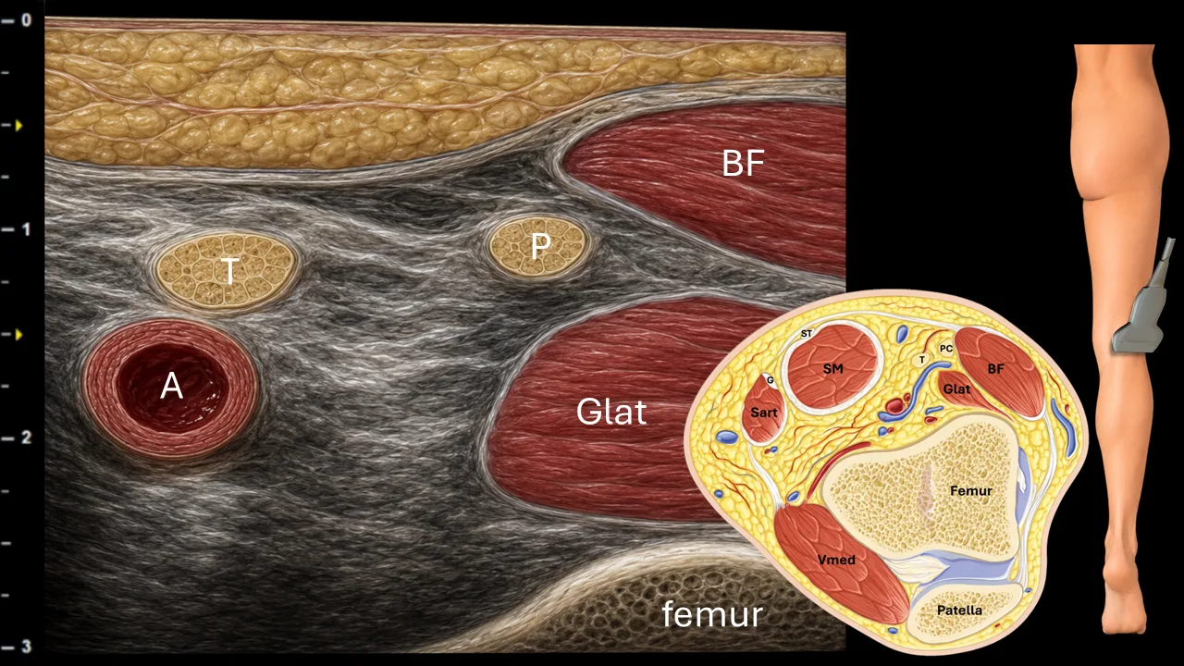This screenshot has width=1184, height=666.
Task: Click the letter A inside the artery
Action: point(172,386)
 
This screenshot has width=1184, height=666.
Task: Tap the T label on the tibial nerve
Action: point(230,271)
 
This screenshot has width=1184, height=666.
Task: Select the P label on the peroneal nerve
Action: point(540,246)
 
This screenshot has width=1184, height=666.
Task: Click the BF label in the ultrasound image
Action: point(743,164)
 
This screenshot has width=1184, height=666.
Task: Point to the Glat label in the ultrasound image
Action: point(611,412)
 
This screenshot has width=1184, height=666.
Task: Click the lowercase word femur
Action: point(712,614)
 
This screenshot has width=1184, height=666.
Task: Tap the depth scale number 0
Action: point(27,20)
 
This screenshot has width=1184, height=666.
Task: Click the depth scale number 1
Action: point(27,228)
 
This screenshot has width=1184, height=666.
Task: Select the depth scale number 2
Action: point(27,438)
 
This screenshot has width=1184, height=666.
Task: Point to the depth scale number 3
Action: point(27,646)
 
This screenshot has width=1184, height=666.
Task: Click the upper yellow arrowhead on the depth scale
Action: point(18,126)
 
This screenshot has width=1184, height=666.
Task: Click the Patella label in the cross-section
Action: point(959,610)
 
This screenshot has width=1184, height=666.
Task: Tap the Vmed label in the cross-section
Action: point(835,560)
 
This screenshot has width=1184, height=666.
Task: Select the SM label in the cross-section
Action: point(833,369)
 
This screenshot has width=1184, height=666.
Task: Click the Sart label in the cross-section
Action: point(764,413)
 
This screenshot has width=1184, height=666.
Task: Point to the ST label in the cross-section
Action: point(806,334)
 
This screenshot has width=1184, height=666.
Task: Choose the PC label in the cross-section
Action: point(945,349)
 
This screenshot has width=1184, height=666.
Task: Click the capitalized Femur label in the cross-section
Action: point(971,491)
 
